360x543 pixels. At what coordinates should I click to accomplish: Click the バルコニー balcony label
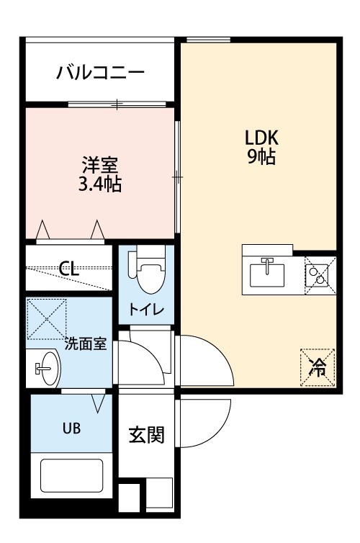coord(100,73)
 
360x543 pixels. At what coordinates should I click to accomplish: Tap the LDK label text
coord(261,138)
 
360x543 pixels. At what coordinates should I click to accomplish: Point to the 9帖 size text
coord(261,156)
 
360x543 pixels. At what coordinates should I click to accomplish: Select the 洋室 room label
coord(100,165)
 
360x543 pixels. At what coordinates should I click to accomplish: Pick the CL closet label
coord(69,268)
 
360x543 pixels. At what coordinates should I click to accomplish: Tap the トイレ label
coord(145,309)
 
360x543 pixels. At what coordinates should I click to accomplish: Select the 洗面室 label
coord(86,344)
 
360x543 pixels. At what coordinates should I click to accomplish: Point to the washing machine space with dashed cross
coord(46,319)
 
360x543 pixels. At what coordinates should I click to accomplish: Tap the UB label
coord(72,428)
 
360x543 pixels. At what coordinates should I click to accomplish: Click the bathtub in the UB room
coord(72,475)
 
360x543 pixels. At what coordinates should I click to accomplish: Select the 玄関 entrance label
coord(146,435)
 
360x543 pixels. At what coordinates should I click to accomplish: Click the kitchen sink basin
coord(267,275)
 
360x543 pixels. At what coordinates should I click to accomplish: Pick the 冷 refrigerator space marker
coord(318,367)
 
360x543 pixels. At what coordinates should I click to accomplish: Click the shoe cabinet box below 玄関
coord(159,495)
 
